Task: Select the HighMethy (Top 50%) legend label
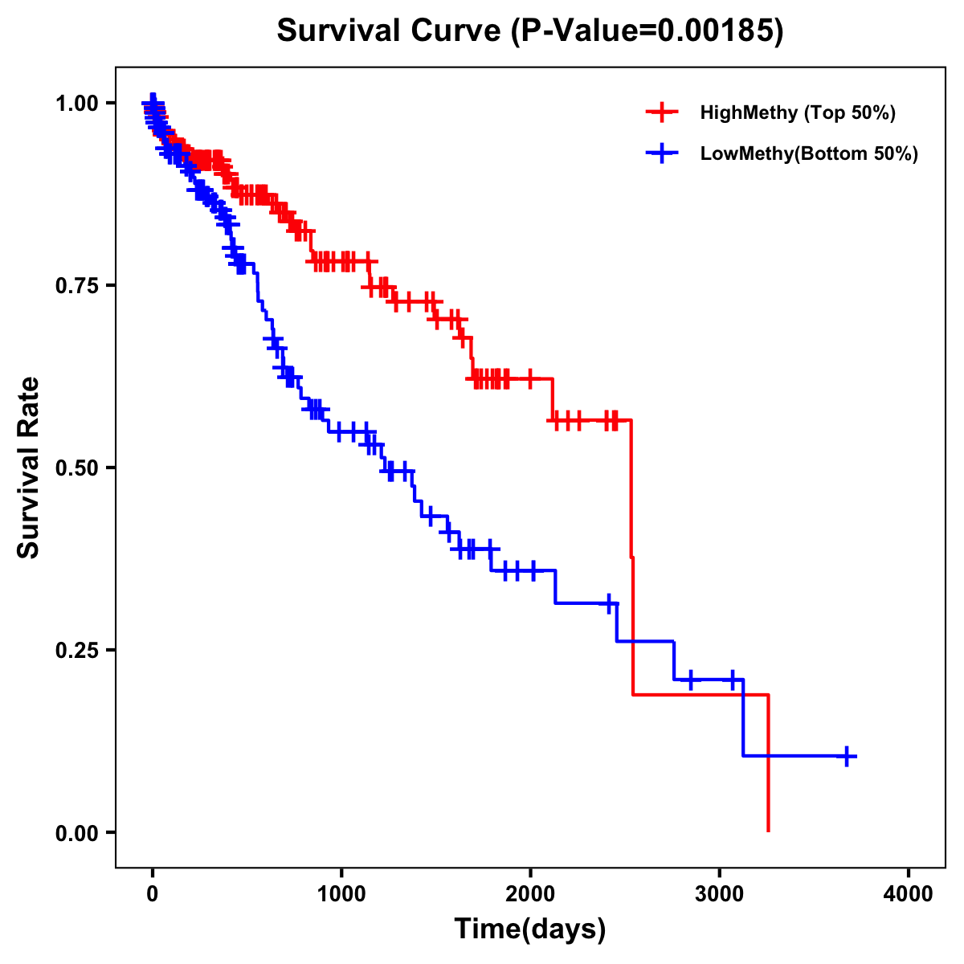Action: [x=797, y=112]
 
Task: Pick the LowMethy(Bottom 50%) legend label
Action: [x=808, y=153]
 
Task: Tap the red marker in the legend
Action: [x=662, y=112]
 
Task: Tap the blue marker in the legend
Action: [x=662, y=153]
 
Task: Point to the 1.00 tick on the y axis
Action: [x=76, y=103]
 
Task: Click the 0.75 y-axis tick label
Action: [x=76, y=285]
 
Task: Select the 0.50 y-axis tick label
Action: [x=76, y=468]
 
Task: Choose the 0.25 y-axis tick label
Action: [x=76, y=650]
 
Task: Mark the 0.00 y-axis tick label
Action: [x=76, y=832]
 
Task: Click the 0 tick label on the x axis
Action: [x=153, y=894]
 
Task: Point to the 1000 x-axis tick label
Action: [x=341, y=894]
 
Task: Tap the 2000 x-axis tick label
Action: [x=530, y=894]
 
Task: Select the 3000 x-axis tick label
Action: [x=720, y=894]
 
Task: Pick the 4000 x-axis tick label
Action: [x=909, y=894]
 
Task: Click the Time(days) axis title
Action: [x=530, y=929]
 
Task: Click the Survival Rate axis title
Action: [x=29, y=468]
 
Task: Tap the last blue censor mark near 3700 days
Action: [x=847, y=756]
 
